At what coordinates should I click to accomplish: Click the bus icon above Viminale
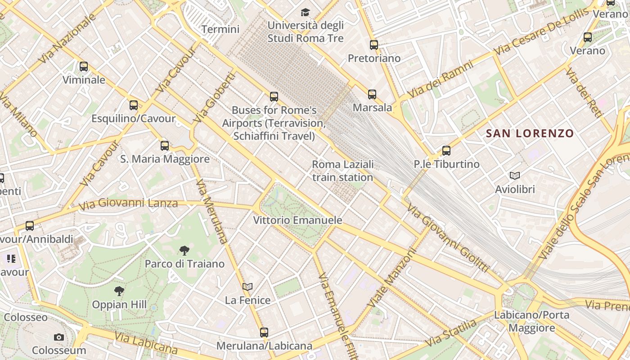(84, 67)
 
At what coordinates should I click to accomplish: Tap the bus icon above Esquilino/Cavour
(134, 105)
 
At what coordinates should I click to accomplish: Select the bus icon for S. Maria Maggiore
(165, 145)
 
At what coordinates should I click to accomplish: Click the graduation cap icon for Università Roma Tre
(305, 12)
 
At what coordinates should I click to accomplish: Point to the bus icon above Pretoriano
(374, 45)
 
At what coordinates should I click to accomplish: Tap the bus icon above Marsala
(372, 94)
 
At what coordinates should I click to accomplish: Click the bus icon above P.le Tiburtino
(446, 150)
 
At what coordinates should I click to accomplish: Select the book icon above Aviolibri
(515, 175)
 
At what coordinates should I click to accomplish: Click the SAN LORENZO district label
(530, 133)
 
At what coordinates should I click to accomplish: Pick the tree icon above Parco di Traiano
(184, 250)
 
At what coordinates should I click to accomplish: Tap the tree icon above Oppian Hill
(119, 291)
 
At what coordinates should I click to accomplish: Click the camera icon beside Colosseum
(58, 337)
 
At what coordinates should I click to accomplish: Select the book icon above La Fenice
(247, 287)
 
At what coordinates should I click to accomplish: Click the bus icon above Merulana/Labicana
(264, 333)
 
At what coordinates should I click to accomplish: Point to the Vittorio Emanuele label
(297, 220)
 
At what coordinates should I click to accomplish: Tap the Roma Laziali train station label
(342, 171)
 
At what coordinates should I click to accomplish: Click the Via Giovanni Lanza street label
(128, 204)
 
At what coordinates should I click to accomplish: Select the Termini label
(220, 30)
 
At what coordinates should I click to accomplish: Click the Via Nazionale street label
(67, 38)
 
